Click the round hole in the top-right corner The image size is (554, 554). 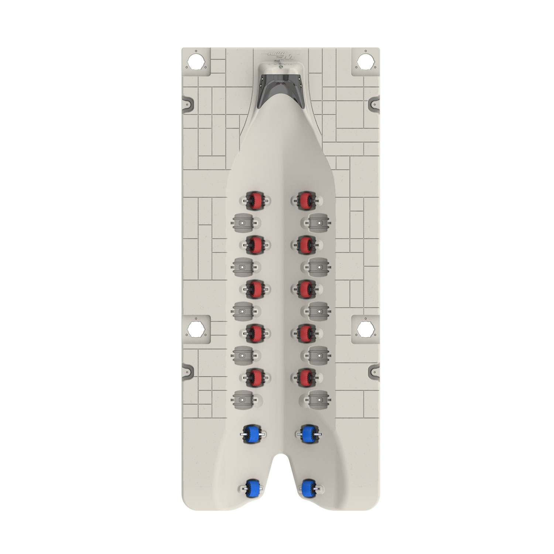point(363,61)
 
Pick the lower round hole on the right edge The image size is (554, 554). point(364,328)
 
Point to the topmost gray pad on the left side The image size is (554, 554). point(243,222)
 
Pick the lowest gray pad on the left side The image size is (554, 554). point(243,399)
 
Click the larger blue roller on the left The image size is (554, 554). point(253,434)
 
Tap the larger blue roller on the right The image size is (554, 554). point(308,434)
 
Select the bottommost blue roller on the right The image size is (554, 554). point(308,488)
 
